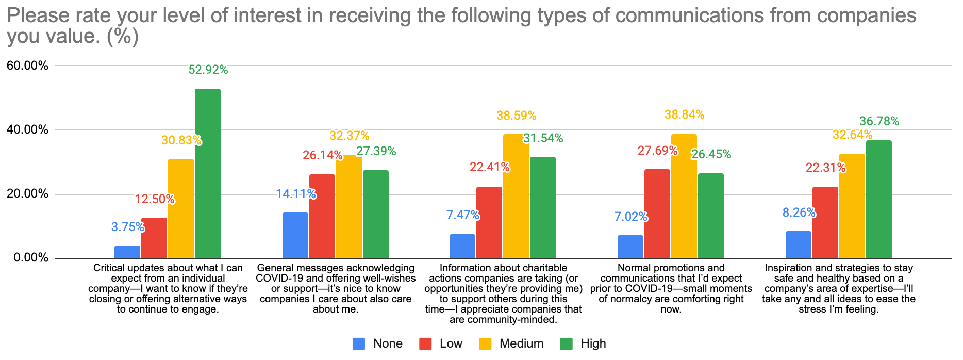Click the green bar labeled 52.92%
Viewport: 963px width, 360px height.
(x=208, y=173)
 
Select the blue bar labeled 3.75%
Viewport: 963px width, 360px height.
(x=127, y=252)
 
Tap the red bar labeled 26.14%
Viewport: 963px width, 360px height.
(x=322, y=216)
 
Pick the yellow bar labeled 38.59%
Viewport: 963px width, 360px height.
(x=516, y=196)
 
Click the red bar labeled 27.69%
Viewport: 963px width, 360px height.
(x=657, y=214)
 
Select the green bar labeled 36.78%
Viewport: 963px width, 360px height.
(x=879, y=199)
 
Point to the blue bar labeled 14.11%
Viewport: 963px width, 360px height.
(x=295, y=235)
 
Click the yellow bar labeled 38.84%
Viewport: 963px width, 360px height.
(x=684, y=196)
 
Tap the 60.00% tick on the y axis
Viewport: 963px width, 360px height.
(x=27, y=66)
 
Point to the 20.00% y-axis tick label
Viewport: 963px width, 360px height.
(x=27, y=194)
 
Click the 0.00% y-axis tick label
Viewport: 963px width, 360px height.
(x=30, y=258)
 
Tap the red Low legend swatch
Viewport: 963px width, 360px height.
(x=425, y=343)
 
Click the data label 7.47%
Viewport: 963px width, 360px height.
(x=463, y=215)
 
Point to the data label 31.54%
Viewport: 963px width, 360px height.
(x=543, y=138)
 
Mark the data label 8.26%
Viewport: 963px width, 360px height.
(x=799, y=212)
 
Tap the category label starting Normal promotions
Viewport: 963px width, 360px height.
(x=671, y=288)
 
